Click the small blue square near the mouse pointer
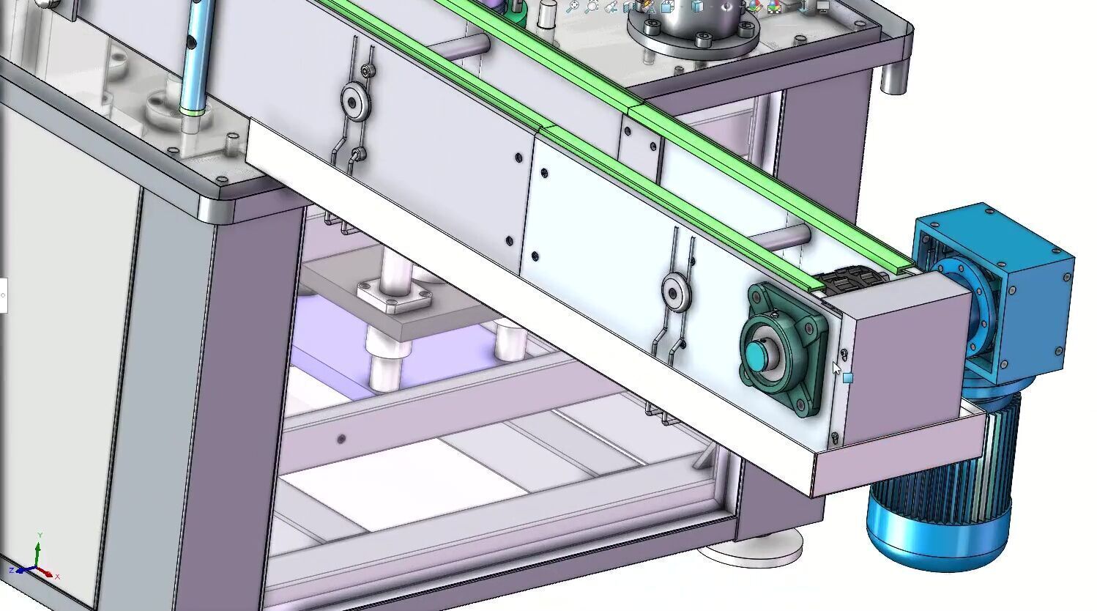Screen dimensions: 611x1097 pyautogui.click(x=847, y=378)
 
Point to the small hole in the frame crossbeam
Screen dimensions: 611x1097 pyautogui.click(x=341, y=440)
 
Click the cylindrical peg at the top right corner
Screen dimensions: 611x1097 pyautogui.click(x=893, y=78)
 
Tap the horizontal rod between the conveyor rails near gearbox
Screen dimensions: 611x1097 pyautogui.click(x=780, y=236)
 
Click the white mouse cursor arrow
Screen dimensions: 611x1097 pyautogui.click(x=837, y=368)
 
